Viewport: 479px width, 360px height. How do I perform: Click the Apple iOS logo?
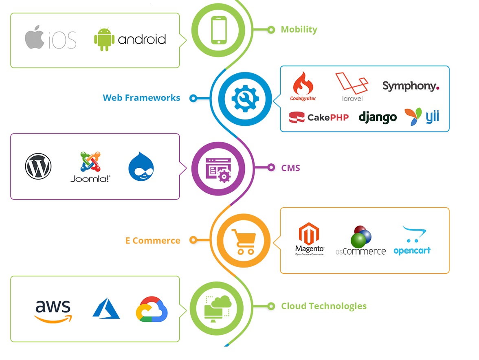[50, 39]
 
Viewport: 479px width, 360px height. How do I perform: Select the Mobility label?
[299, 29]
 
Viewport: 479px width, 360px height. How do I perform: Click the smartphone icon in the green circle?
[218, 30]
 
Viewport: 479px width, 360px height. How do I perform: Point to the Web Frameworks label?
[141, 98]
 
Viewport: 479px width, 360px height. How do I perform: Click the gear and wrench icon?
[245, 98]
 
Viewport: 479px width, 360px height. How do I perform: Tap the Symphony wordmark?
[411, 86]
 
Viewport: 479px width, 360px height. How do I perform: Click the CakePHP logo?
[319, 117]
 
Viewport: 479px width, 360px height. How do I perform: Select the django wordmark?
[377, 117]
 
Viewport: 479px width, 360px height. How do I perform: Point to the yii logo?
[422, 117]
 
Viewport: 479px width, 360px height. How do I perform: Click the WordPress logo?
[38, 166]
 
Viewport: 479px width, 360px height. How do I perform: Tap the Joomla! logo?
[90, 167]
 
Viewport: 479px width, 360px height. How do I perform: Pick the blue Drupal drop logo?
[141, 167]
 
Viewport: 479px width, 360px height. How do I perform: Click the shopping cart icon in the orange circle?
[244, 241]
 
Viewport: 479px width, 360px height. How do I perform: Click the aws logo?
[53, 311]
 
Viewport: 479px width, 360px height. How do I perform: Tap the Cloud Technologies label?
[323, 306]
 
